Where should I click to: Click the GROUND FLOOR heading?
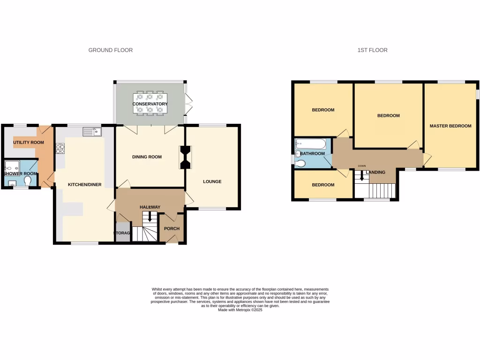point(111,50)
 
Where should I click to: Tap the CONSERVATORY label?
point(150,104)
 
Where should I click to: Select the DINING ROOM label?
point(147,157)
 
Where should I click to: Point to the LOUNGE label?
point(212,182)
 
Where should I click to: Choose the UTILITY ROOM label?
point(29,142)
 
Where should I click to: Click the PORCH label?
point(171,229)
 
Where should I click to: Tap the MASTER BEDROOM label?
point(450,126)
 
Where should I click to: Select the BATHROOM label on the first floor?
point(313,154)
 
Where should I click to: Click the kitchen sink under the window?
point(92,132)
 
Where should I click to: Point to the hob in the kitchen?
point(60,149)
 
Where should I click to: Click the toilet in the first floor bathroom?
point(300,163)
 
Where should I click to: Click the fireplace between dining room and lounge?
point(186,157)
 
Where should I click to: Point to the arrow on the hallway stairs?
point(150,217)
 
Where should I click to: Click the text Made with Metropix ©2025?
point(240,310)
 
